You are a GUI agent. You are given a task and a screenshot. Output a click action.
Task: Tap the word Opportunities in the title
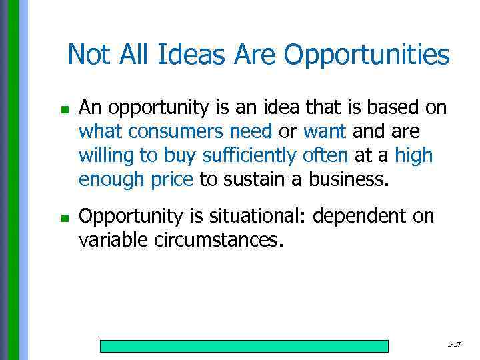click(x=367, y=56)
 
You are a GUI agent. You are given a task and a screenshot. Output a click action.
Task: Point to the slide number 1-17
click(x=454, y=344)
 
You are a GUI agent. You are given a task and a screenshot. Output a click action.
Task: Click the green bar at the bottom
click(x=244, y=346)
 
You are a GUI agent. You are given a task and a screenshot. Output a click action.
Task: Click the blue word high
click(x=413, y=156)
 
